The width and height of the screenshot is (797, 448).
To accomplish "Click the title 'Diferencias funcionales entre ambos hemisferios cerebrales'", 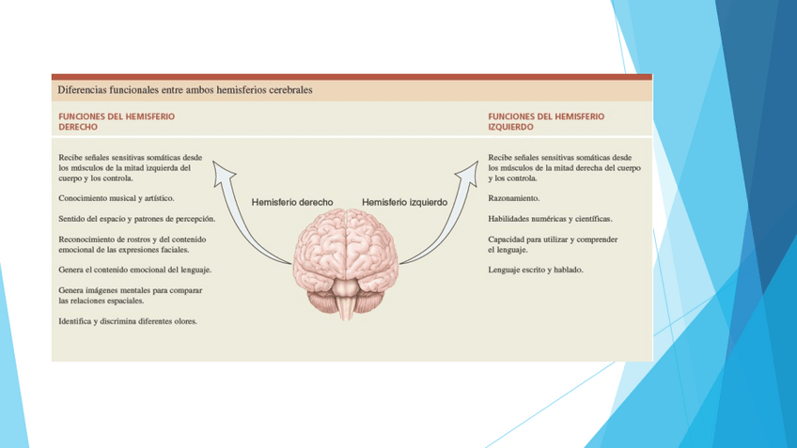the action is click(185, 90).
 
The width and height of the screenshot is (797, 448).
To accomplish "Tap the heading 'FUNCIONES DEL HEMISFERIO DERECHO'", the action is click(117, 120).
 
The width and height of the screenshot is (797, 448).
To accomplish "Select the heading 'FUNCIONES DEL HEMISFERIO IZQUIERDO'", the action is click(546, 120).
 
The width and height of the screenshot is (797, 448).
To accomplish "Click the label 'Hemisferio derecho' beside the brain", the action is click(292, 202).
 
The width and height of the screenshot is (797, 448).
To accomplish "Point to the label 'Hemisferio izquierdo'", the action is click(404, 202).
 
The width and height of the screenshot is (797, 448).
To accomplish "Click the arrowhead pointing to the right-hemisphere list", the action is click(223, 170).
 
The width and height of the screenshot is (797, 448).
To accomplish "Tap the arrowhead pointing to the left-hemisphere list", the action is click(469, 170).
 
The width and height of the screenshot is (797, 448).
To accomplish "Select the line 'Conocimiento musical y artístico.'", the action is click(116, 199).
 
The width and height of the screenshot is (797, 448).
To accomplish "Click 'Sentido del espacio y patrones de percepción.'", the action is click(137, 219).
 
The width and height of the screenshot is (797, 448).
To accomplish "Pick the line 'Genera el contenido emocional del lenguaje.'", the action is click(134, 270).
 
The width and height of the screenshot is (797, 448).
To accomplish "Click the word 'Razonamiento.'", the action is click(513, 199).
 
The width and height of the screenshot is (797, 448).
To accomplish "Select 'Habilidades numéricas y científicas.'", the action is click(550, 219).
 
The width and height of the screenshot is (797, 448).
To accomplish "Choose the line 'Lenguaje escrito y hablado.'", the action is click(535, 270).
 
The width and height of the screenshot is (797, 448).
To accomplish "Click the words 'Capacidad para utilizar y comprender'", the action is click(553, 239).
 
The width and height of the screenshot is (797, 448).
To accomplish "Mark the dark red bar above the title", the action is click(352, 77).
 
